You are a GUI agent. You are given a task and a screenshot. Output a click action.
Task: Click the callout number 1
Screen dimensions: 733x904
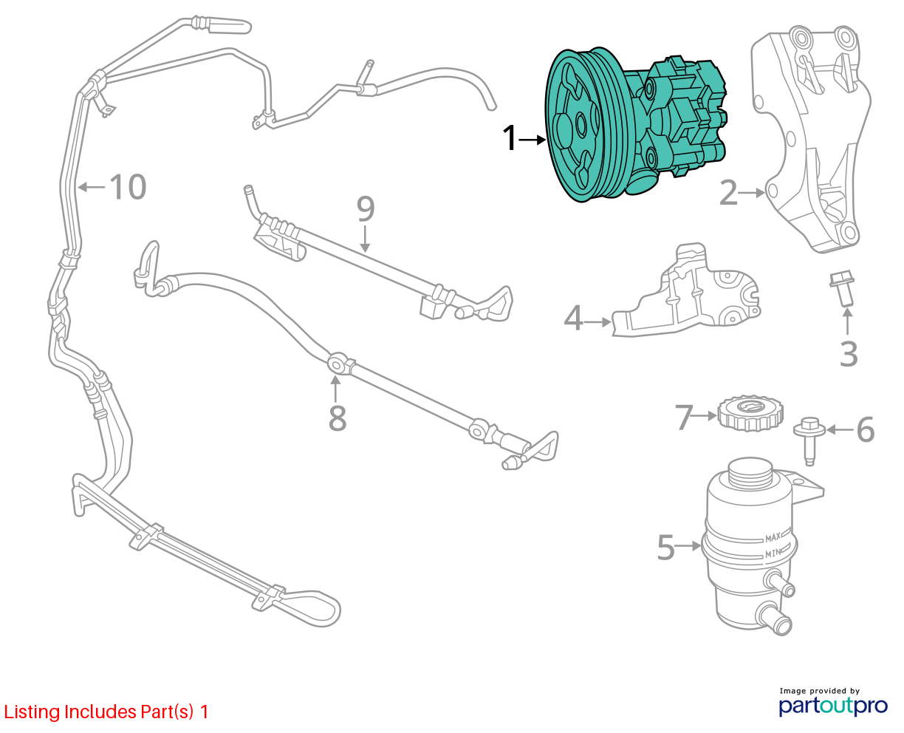click(x=510, y=139)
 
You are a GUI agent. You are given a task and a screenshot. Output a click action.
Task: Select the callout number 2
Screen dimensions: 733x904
click(x=728, y=194)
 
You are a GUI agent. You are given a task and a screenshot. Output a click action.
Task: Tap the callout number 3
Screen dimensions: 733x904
click(x=849, y=354)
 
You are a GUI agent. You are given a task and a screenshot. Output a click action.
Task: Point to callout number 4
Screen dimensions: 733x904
click(x=573, y=319)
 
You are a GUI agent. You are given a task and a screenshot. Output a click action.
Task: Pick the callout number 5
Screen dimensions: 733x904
click(x=666, y=548)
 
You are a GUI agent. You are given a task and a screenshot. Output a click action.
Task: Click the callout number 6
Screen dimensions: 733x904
click(x=865, y=429)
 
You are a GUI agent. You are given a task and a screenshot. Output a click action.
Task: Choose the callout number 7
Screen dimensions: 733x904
click(x=683, y=417)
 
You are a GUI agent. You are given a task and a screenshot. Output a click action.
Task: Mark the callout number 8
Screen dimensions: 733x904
click(x=337, y=418)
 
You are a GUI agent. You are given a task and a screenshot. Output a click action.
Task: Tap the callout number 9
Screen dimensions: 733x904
click(x=366, y=209)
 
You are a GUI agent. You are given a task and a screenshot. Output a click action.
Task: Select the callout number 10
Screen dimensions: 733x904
click(x=128, y=187)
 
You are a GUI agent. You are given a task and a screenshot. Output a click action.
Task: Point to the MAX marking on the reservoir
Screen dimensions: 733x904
click(x=773, y=537)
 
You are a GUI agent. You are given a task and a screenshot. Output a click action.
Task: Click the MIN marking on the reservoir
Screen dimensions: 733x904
click(x=773, y=553)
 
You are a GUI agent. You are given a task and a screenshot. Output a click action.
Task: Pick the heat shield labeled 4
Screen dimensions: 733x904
click(x=687, y=296)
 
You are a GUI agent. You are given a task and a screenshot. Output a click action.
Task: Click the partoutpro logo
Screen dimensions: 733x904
click(x=833, y=703)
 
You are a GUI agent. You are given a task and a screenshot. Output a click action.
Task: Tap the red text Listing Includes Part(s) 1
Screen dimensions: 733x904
click(x=106, y=712)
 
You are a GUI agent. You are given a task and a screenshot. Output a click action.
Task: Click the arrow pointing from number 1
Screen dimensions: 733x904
click(x=532, y=139)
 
